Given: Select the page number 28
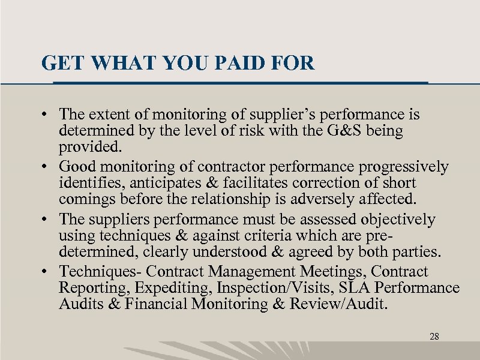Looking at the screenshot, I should [434, 337].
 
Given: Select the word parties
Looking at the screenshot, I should [411, 251].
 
